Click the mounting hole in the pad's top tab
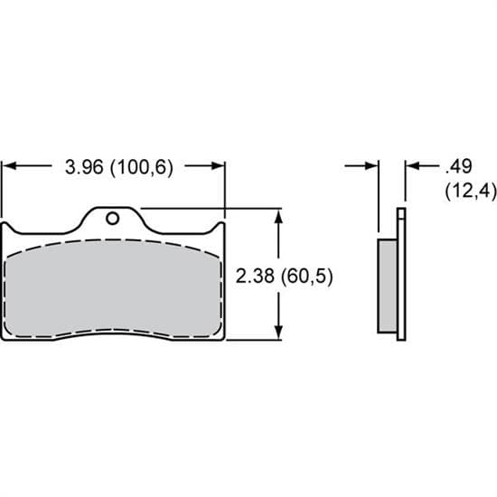click(111, 218)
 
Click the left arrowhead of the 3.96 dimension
click(11, 166)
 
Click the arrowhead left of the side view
click(370, 166)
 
